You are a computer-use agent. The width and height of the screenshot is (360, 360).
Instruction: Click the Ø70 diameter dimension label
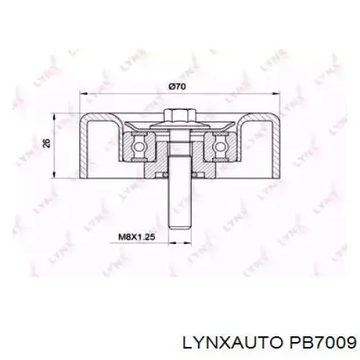(177, 86)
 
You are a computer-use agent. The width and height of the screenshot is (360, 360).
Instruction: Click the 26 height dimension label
(48, 143)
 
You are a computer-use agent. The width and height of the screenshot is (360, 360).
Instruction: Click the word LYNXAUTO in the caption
(232, 342)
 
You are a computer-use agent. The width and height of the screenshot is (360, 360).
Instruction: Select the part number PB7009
(323, 342)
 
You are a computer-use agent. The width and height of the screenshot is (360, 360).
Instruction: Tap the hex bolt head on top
(180, 116)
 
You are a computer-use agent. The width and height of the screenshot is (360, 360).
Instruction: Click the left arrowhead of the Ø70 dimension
(84, 94)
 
